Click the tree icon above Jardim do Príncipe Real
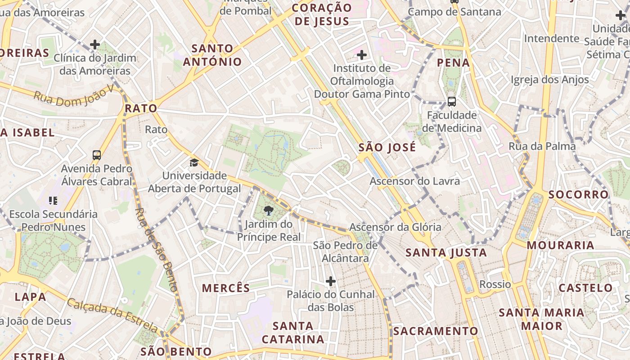[269, 211]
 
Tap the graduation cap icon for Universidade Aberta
[194, 162]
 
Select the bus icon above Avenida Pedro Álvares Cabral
[97, 155]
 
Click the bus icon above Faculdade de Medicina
[452, 102]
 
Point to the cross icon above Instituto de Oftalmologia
[362, 55]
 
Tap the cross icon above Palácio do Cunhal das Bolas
[331, 281]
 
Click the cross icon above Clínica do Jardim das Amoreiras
[95, 45]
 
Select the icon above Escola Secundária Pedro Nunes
[53, 201]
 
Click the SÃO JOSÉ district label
[387, 148]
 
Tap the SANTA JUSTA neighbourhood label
[446, 252]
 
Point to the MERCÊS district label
[225, 288]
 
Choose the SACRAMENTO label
[436, 331]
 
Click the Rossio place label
[495, 284]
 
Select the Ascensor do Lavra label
[414, 181]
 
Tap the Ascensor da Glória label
[395, 227]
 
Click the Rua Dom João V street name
[74, 96]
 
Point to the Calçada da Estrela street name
[112, 315]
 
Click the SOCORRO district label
[578, 194]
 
